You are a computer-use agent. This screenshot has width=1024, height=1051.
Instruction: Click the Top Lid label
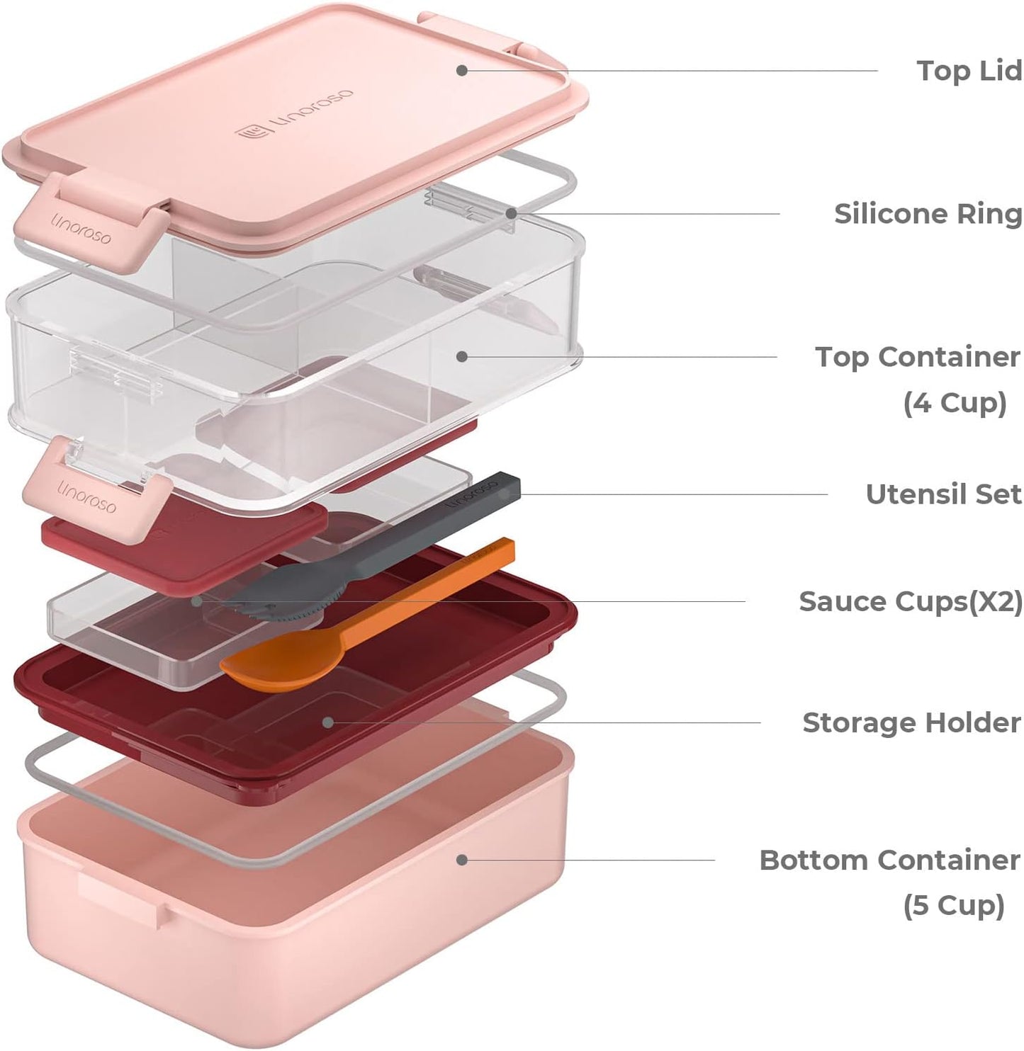pos(969,71)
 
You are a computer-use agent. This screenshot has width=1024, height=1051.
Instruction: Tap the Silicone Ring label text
pos(928,214)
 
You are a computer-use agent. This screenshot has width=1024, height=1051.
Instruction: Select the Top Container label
pos(917,358)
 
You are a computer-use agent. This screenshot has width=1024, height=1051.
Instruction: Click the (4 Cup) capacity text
pos(955,403)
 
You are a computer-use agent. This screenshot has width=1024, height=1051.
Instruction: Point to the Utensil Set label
pos(943,494)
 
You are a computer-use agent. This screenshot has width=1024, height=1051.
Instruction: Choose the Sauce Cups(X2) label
pos(911,601)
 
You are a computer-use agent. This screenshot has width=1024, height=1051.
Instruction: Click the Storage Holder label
pos(911,723)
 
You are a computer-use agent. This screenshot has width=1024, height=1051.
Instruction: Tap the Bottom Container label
pos(889,860)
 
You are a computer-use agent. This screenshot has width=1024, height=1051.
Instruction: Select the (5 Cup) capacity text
pos(954,906)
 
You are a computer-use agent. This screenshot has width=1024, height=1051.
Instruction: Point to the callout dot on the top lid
pos(461,70)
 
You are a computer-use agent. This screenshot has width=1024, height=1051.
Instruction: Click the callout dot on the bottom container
pos(461,860)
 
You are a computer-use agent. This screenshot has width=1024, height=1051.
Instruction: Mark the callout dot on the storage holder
pos(327,722)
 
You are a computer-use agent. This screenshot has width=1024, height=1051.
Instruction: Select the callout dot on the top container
pos(462,357)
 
